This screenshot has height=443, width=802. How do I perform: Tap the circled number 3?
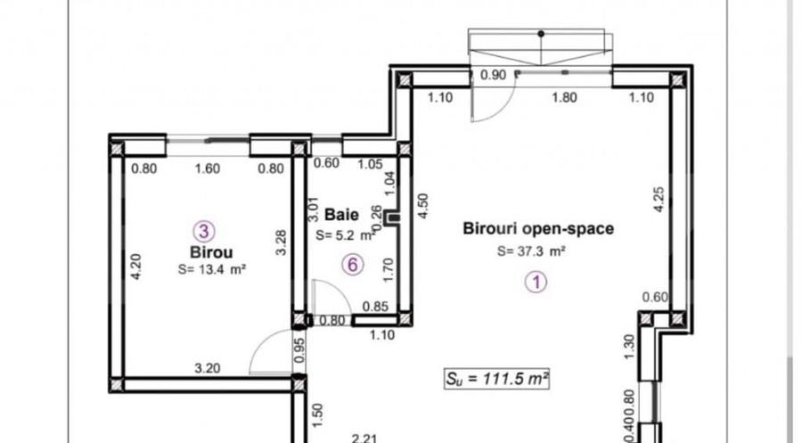[x=204, y=232]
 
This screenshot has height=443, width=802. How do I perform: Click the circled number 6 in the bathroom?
[x=353, y=265]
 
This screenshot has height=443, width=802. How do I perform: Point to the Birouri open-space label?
[x=538, y=229]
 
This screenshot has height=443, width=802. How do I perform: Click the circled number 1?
[x=536, y=283]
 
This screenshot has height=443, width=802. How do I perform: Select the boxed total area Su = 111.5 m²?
[x=496, y=379]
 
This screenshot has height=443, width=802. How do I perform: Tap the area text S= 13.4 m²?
[x=211, y=268]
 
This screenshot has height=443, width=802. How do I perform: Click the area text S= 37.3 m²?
[x=532, y=251]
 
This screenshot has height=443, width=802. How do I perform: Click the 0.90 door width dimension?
[x=493, y=76]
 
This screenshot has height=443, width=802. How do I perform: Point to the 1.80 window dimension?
[x=563, y=98]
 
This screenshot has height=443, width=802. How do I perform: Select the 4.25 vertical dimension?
[x=659, y=198]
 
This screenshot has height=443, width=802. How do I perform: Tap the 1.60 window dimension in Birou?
[x=207, y=168]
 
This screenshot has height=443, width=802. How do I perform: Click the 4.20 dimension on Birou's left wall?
[x=135, y=267]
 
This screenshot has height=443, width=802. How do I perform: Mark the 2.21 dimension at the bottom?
[x=363, y=438]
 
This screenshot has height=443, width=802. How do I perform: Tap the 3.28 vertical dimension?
[x=282, y=242]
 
